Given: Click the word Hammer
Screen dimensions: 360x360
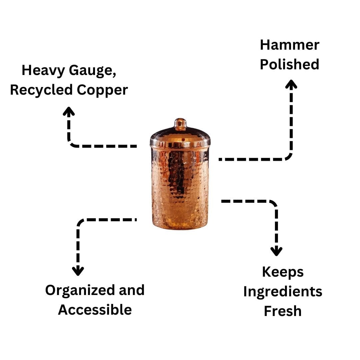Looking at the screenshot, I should (289, 45).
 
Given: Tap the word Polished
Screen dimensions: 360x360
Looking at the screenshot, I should (289, 65).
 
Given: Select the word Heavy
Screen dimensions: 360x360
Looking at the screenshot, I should (43, 71).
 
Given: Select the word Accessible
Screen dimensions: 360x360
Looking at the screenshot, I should (95, 310).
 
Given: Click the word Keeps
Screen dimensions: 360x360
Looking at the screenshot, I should (283, 272).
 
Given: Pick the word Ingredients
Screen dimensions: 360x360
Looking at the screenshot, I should (283, 292).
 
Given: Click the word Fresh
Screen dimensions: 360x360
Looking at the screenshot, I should (283, 311).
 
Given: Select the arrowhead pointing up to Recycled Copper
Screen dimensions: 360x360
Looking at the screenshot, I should (69, 111).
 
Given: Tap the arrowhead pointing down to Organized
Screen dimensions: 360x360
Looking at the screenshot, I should (78, 271).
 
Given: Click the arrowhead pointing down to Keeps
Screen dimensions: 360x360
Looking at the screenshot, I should (276, 251).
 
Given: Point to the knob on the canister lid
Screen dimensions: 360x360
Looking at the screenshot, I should (180, 123).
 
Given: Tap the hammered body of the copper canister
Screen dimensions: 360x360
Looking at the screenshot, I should (180, 183).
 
